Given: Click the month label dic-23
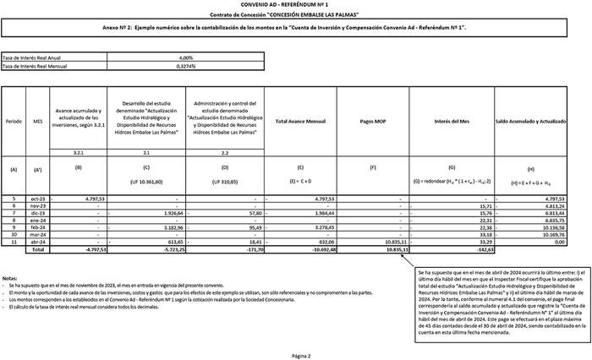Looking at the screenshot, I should (x=38, y=213).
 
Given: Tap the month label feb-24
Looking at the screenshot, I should (x=38, y=227).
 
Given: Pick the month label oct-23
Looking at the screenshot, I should (x=38, y=199).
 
